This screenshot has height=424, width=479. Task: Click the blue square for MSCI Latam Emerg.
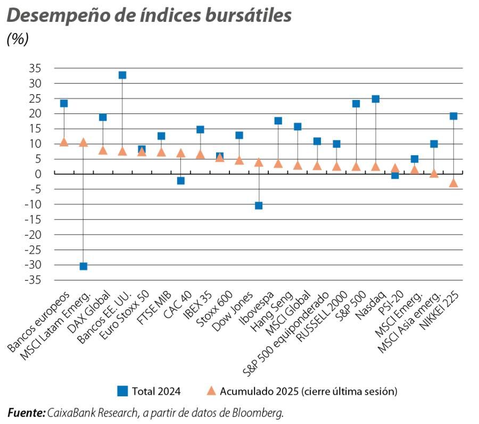pyautogui.click(x=83, y=266)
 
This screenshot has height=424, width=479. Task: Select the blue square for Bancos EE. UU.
pyautogui.click(x=122, y=75)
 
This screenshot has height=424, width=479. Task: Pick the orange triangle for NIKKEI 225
pyautogui.click(x=453, y=183)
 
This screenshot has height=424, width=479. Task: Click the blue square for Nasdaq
pyautogui.click(x=376, y=99)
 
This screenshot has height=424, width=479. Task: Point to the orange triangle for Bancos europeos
pyautogui.click(x=64, y=142)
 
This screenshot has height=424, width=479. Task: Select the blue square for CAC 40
pyautogui.click(x=181, y=181)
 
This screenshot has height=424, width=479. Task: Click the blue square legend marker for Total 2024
pyautogui.click(x=122, y=391)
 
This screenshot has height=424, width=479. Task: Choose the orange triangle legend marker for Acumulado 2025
pyautogui.click(x=211, y=391)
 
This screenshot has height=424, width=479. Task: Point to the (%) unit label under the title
pyautogui.click(x=18, y=39)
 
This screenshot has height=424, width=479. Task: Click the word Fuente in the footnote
pyautogui.click(x=25, y=412)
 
